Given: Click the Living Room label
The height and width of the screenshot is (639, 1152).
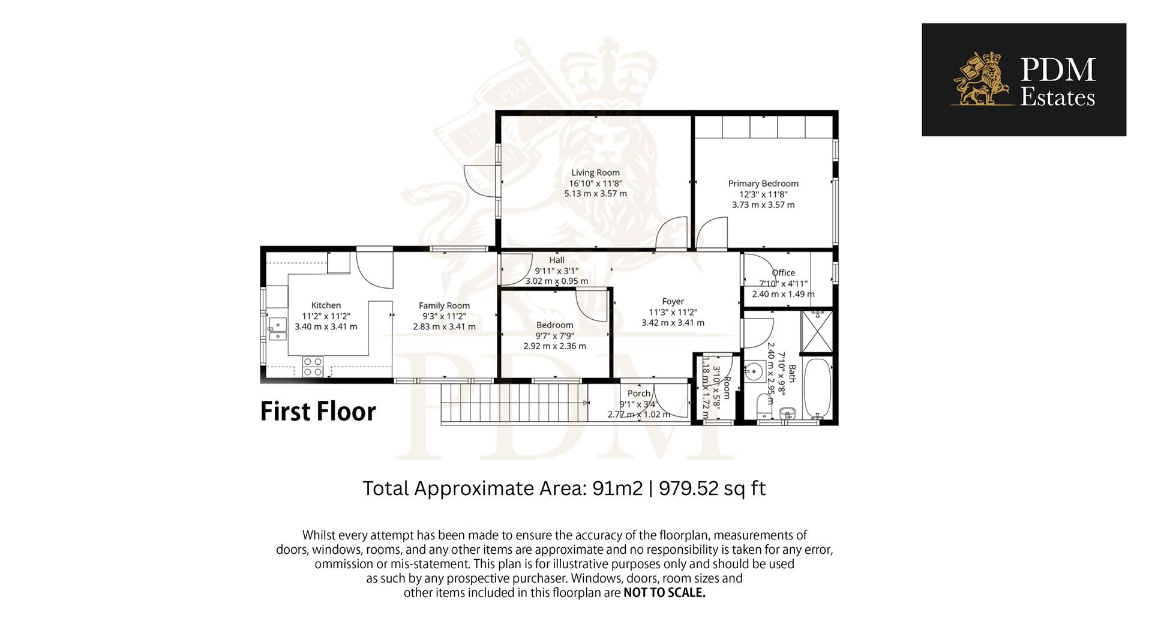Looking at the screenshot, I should pyautogui.click(x=595, y=173).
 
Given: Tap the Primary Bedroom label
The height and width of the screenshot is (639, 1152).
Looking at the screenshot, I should pyautogui.click(x=763, y=184).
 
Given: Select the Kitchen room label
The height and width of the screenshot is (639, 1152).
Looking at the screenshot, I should pyautogui.click(x=326, y=305).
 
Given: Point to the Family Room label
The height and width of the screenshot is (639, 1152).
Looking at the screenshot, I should pyautogui.click(x=444, y=305).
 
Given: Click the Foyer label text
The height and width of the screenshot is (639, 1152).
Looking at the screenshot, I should pyautogui.click(x=673, y=301).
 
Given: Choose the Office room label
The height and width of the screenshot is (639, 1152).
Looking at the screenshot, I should pyautogui.click(x=783, y=272).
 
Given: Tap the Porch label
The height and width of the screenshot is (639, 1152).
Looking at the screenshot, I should pyautogui.click(x=638, y=394).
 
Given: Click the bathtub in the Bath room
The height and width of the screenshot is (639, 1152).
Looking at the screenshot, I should pyautogui.click(x=817, y=388).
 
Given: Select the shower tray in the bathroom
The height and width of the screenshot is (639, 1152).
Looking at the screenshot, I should pyautogui.click(x=817, y=331).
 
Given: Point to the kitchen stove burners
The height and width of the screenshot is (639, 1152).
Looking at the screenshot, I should pyautogui.click(x=313, y=367).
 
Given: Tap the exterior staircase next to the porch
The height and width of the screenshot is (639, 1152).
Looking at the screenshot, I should pyautogui.click(x=514, y=403).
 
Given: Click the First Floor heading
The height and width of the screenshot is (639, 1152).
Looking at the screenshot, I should pyautogui.click(x=318, y=412).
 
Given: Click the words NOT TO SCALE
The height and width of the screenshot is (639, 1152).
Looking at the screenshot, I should pyautogui.click(x=664, y=593).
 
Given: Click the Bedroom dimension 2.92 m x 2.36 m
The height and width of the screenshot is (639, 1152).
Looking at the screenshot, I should pyautogui.click(x=554, y=346).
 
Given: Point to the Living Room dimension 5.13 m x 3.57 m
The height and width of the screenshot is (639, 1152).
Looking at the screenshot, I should pyautogui.click(x=595, y=194).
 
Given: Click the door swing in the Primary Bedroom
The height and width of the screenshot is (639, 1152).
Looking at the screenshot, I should pyautogui.click(x=712, y=233).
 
